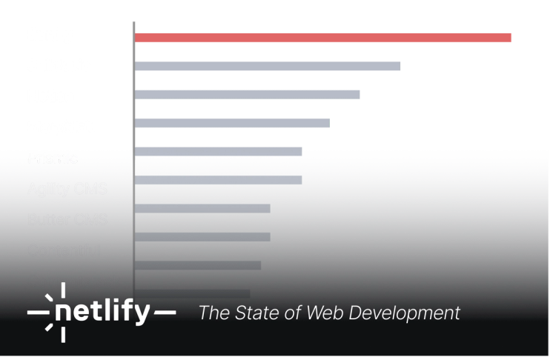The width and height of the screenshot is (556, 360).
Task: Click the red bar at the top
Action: point(324,37)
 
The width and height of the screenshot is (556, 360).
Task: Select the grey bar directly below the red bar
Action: point(270,67)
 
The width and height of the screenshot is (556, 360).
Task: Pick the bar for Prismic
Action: point(219,150)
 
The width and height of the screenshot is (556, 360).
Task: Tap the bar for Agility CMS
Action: point(219,180)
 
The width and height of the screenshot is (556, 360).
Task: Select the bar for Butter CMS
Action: point(202,209)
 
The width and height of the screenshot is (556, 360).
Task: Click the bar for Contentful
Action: point(202,237)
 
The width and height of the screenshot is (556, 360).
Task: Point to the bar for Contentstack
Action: point(198,265)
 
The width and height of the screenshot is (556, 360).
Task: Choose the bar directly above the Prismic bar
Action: point(233,122)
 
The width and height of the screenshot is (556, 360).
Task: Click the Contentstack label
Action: point(73,281)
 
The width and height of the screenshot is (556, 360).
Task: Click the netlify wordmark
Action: point(102,313)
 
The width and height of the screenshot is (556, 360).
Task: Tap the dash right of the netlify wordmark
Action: point(165,313)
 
